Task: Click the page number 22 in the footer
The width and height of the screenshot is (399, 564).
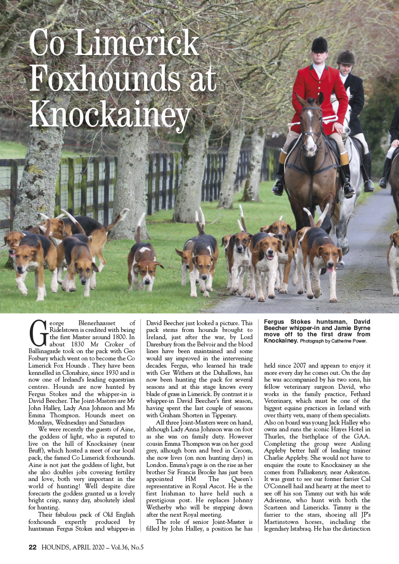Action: [x=33, y=547]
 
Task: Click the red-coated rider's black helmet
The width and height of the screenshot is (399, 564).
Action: [x=319, y=45]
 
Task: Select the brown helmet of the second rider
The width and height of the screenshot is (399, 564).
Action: [x=345, y=57]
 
